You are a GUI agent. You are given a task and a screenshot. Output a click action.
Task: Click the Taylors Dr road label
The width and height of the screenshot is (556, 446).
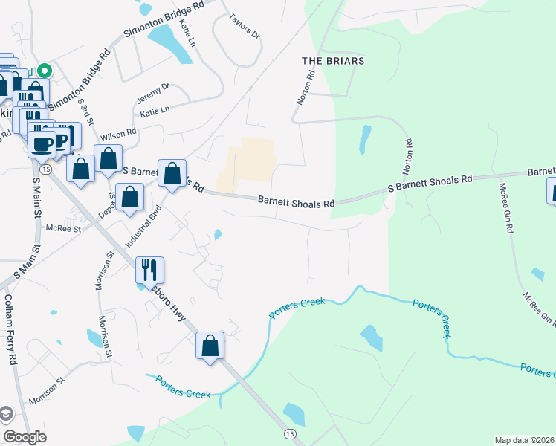[x=245, y=26]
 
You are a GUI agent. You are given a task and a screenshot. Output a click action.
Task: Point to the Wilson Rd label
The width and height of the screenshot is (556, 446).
[x=118, y=135]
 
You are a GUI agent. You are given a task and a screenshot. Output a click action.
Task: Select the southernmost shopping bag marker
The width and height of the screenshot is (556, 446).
[x=210, y=345]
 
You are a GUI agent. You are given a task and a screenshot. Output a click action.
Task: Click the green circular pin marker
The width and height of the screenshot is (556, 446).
[x=44, y=71]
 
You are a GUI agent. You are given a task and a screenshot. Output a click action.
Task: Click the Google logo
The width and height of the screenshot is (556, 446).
[x=25, y=437]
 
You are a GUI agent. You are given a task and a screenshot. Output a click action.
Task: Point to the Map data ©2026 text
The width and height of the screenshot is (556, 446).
[x=524, y=440]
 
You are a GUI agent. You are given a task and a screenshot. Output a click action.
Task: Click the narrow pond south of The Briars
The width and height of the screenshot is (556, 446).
[x=364, y=139]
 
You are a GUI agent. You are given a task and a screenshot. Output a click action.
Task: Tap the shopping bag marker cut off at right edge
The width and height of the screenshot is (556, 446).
[x=552, y=190]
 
